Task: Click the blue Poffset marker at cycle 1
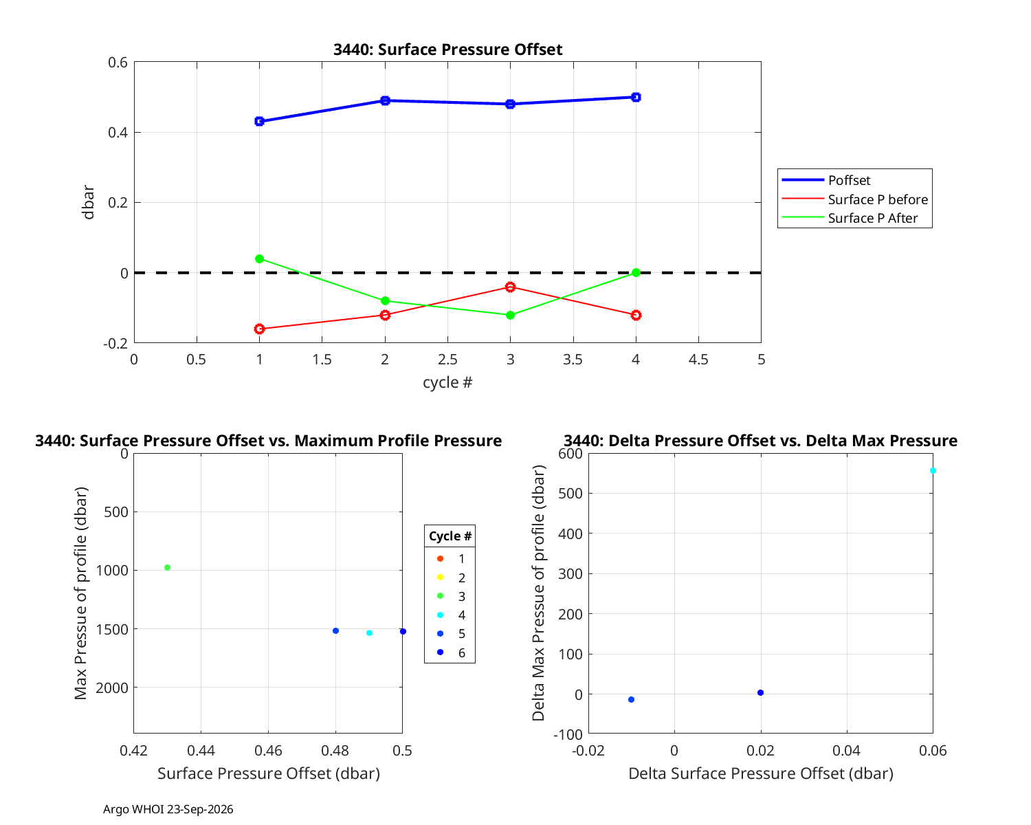(260, 121)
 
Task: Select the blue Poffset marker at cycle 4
(636, 98)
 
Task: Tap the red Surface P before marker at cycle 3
(510, 287)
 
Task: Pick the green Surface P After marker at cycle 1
(260, 259)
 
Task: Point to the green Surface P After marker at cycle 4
(636, 273)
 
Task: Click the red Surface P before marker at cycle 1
(260, 329)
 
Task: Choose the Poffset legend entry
(826, 180)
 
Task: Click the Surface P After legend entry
(850, 218)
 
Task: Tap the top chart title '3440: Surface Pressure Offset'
(447, 49)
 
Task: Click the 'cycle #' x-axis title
(447, 382)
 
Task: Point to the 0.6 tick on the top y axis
(118, 63)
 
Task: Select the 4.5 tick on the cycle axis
(698, 360)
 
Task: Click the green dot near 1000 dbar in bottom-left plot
(167, 568)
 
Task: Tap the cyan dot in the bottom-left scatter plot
(369, 632)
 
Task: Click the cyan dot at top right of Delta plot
(933, 471)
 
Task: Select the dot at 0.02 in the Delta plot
(760, 693)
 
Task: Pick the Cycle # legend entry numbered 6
(451, 652)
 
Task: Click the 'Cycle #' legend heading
(450, 536)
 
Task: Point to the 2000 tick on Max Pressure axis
(112, 688)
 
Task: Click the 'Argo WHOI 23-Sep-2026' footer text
(168, 809)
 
